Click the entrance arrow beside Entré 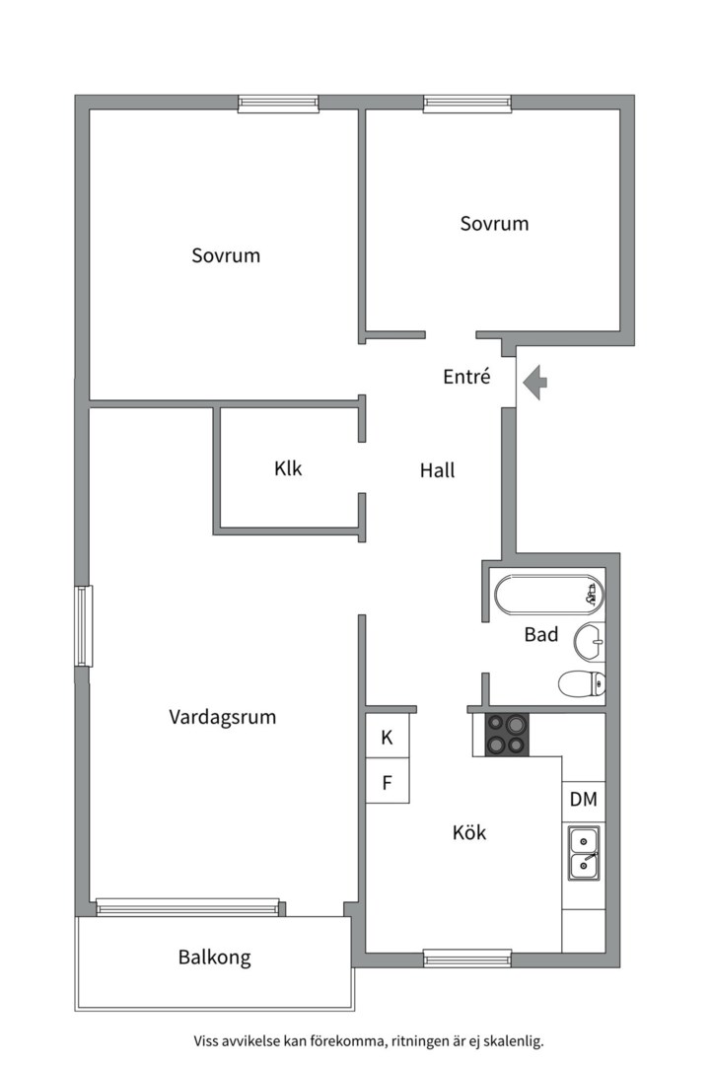536,382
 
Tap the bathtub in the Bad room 549,595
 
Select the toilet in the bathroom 582,683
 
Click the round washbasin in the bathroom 589,641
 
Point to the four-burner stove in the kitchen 507,735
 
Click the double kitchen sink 584,854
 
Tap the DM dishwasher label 584,800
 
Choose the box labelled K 388,737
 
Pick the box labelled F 388,782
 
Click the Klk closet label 288,468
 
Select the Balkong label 215,958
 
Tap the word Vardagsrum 222,717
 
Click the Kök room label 469,832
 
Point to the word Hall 438,470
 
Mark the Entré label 466,377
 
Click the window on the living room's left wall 84,626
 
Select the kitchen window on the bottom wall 467,958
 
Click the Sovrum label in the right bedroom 494,224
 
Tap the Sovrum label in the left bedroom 226,255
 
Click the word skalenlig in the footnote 515,1040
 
